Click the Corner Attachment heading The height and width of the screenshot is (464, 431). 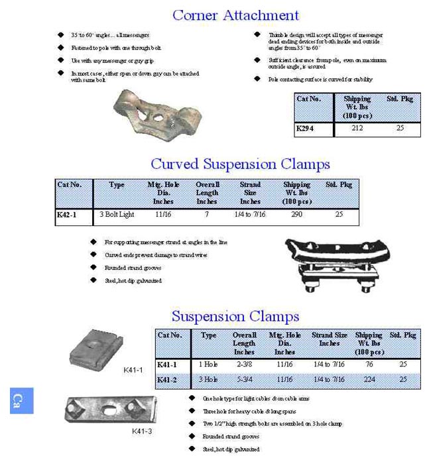click(x=235, y=15)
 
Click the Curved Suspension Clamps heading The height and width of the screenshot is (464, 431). click(x=240, y=164)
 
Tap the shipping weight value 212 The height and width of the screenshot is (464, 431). click(x=357, y=128)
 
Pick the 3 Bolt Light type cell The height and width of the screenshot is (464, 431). click(x=117, y=215)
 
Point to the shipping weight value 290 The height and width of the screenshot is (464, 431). click(x=296, y=215)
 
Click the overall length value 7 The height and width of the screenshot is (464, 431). click(x=206, y=215)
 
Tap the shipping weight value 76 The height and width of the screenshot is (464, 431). click(x=369, y=365)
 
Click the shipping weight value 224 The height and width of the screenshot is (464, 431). click(x=369, y=379)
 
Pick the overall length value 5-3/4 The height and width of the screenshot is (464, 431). click(x=244, y=379)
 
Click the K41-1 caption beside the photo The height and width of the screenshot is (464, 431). click(x=133, y=370)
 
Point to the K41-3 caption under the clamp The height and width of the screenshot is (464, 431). click(x=141, y=432)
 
